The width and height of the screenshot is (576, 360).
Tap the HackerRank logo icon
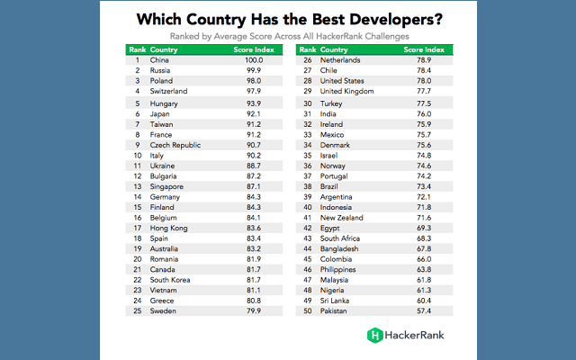tap(374, 335)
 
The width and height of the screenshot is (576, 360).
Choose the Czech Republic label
tap(175, 144)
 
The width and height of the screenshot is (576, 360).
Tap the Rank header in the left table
tap(138, 49)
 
